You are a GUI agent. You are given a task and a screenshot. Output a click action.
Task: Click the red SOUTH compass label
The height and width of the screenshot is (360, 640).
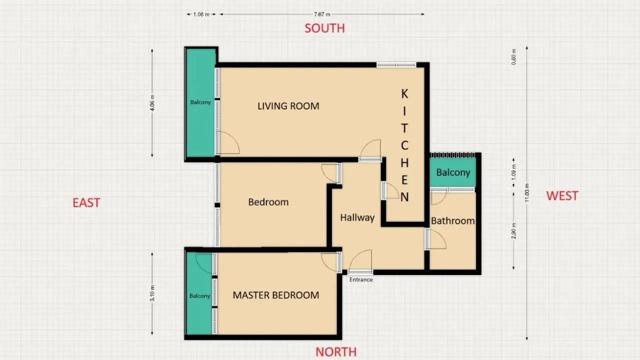point(324,28)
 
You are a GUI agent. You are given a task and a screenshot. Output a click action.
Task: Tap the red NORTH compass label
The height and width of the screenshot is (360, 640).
point(336,352)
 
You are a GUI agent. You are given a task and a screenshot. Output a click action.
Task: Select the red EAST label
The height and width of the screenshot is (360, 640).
point(86,202)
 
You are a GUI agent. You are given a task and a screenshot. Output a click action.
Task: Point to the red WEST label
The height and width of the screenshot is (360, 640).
point(562,195)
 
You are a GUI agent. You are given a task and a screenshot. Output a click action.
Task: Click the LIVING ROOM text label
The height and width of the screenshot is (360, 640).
point(288,106)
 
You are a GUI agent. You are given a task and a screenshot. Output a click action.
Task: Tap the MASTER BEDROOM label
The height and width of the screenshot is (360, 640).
point(275,295)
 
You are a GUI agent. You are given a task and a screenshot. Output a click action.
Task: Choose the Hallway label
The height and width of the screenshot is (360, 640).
point(357,217)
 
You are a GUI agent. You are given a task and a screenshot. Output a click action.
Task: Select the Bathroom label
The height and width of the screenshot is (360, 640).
point(452,220)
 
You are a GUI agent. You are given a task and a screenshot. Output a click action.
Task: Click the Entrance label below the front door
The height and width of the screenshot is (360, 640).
point(360,279)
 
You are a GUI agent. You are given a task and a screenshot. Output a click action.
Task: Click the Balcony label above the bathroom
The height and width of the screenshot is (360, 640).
point(453,172)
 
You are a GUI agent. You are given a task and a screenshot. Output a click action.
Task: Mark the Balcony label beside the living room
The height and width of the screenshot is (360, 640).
point(200,102)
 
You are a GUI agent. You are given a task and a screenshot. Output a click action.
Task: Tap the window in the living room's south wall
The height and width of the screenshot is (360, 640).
point(396,64)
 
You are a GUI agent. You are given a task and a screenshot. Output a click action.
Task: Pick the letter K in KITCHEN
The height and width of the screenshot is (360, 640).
point(404,93)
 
